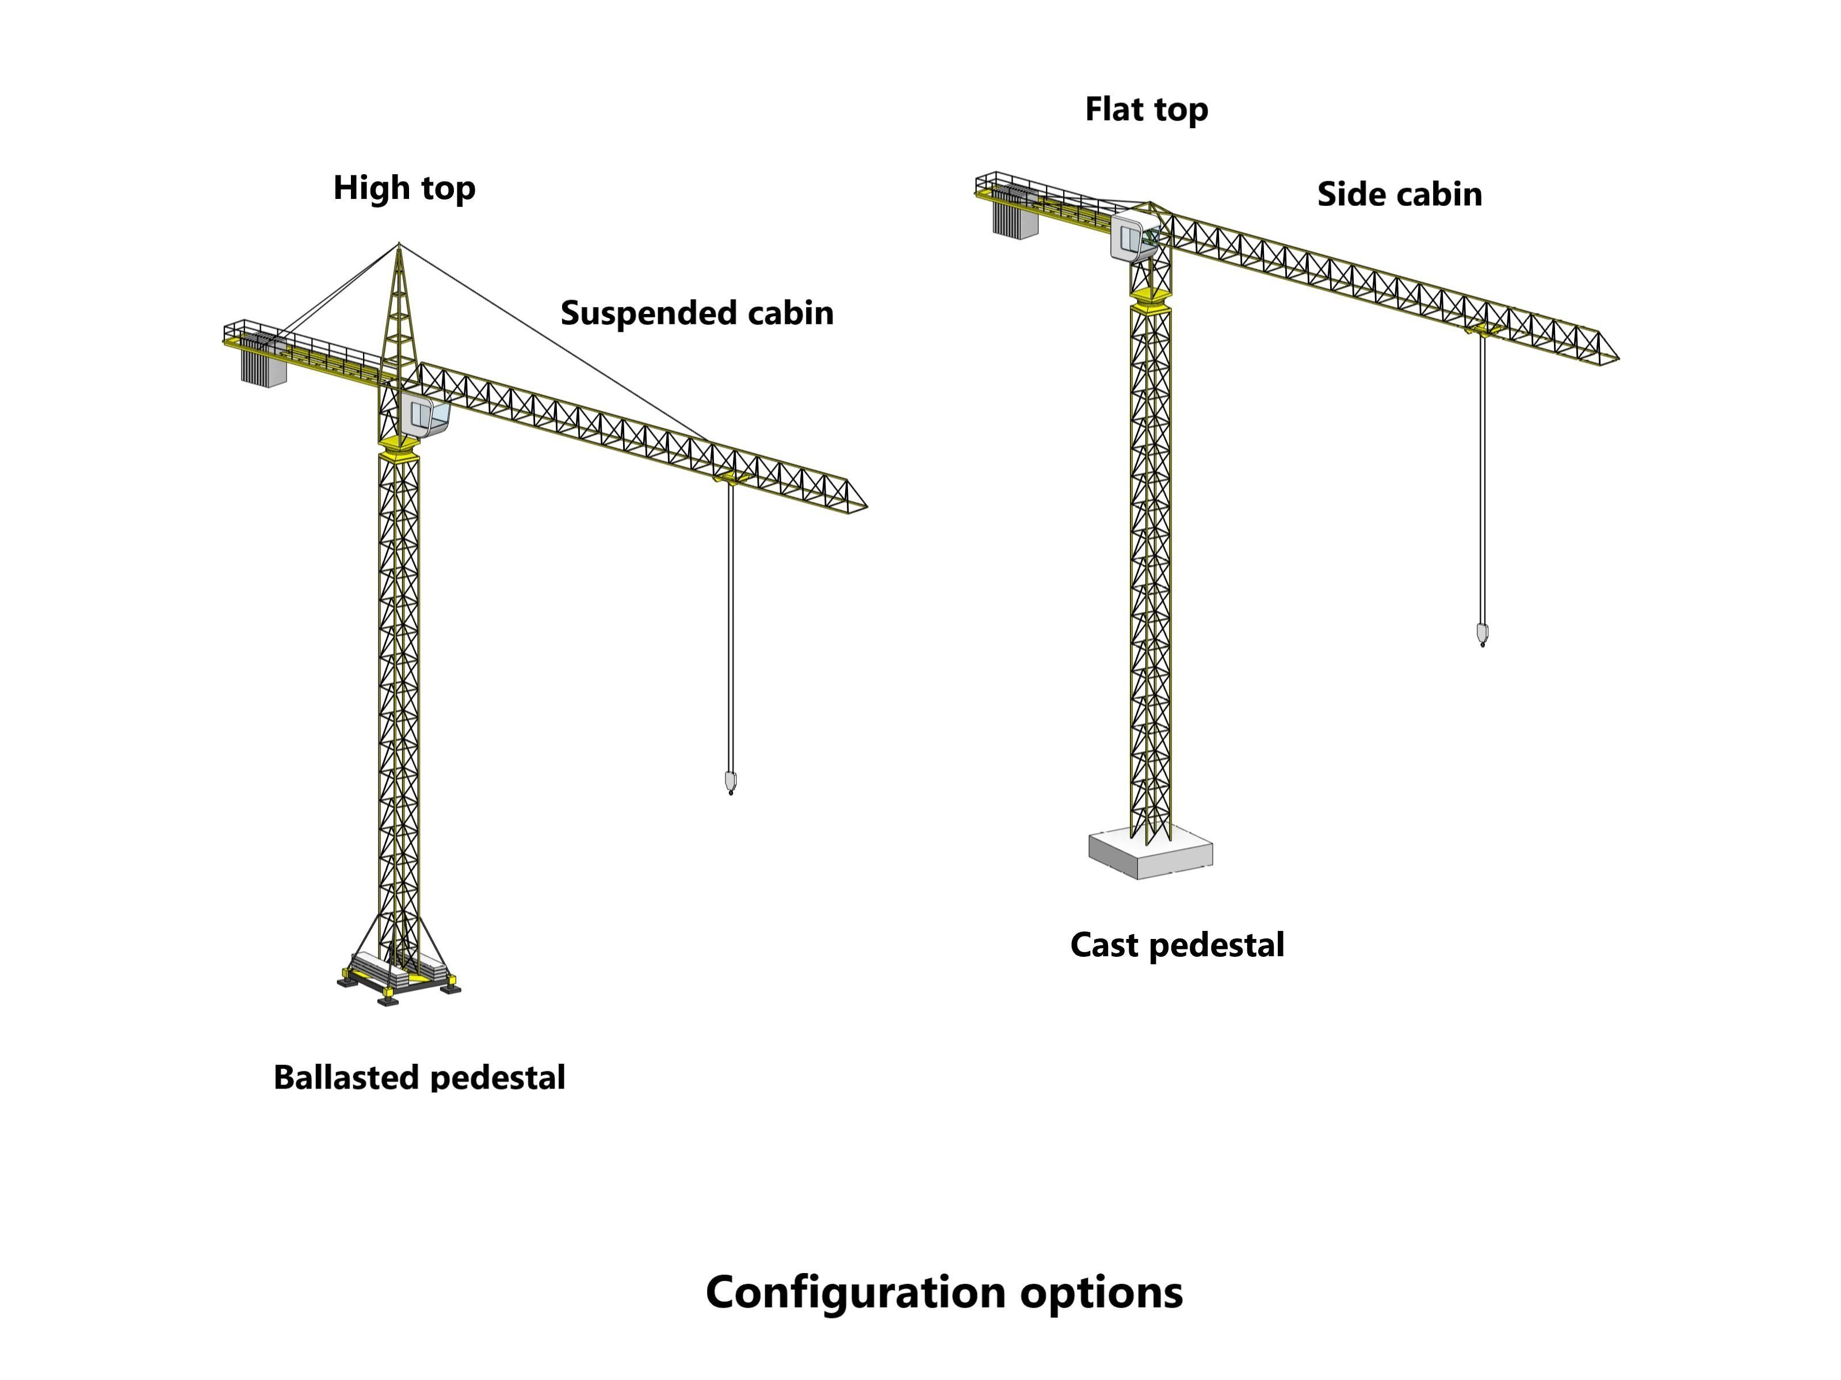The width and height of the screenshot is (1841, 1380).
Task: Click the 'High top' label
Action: click(404, 189)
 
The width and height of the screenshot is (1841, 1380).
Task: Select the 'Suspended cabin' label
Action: click(697, 313)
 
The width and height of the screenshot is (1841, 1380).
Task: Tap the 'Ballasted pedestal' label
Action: click(419, 1077)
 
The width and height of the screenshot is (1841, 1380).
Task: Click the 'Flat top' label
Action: click(1146, 110)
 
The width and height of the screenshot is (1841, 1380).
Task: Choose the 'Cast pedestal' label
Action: click(1177, 945)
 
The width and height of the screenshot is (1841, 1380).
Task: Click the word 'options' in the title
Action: click(1101, 1292)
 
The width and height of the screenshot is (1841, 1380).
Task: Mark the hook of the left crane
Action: click(731, 782)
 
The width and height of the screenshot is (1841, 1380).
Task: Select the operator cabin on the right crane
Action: click(1129, 237)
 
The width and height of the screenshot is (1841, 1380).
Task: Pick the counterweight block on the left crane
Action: click(263, 366)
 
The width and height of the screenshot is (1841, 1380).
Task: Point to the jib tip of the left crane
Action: click(864, 504)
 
